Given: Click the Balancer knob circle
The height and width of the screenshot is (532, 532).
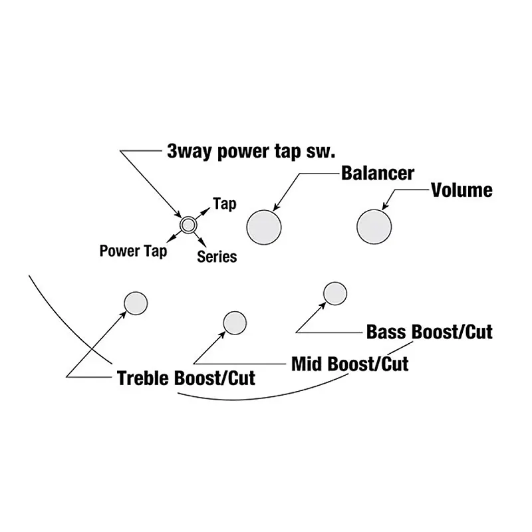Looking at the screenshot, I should (x=264, y=227).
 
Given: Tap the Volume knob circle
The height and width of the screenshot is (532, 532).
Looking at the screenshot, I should (x=374, y=225).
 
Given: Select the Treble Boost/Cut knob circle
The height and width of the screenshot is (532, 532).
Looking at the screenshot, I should (x=136, y=303).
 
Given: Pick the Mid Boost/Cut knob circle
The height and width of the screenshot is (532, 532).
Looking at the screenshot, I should (x=234, y=323).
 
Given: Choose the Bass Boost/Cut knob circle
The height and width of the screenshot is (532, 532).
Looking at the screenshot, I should (x=334, y=293).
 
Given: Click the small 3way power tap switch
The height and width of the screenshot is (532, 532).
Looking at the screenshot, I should (x=188, y=224).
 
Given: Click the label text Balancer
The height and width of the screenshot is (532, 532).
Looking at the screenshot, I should (x=377, y=174).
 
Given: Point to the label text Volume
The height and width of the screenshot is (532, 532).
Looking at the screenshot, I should (x=462, y=190).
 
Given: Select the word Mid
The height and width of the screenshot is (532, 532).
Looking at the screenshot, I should (x=307, y=364).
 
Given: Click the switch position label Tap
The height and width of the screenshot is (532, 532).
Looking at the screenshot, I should (x=224, y=204).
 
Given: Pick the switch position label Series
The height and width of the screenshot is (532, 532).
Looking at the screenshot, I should (x=217, y=256).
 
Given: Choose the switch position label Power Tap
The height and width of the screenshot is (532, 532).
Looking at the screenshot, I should (x=133, y=251).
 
